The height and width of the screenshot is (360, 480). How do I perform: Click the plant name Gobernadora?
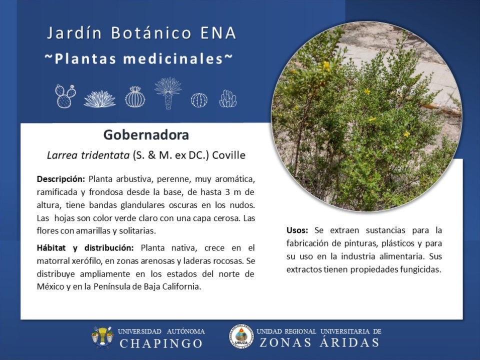(x=146, y=135)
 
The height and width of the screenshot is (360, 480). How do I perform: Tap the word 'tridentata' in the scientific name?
(x=105, y=155)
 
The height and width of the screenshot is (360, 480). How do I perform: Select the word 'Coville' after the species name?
(x=228, y=155)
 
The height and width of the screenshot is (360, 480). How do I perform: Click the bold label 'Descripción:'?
(x=60, y=179)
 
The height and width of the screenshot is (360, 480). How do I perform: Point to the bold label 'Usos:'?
(x=297, y=230)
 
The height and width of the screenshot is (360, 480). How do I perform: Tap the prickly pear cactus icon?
(x=65, y=96)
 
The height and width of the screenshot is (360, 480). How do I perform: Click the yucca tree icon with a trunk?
(x=168, y=93)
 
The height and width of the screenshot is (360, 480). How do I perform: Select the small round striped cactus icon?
(x=199, y=100)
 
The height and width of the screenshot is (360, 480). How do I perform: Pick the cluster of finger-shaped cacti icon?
(x=228, y=98)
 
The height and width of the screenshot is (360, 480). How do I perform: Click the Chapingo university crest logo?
(x=102, y=337)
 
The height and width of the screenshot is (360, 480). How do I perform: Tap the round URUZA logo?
(x=241, y=337)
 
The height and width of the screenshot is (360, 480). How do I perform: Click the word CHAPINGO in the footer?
(x=161, y=343)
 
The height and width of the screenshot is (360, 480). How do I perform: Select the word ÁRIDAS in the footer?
(x=349, y=342)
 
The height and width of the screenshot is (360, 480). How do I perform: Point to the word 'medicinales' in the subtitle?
(x=173, y=59)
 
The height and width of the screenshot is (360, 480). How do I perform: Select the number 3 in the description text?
(x=227, y=192)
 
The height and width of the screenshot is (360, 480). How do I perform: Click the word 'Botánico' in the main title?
(x=151, y=33)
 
